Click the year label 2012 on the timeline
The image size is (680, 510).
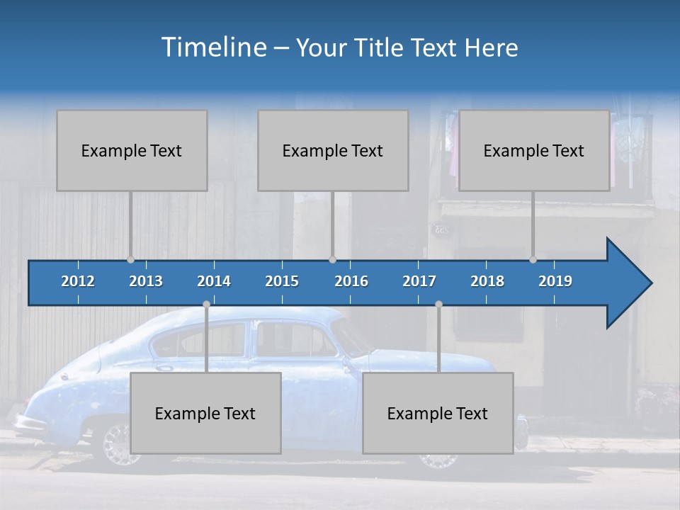click(78, 281)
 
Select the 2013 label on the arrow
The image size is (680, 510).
click(146, 281)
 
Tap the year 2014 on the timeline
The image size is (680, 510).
click(214, 281)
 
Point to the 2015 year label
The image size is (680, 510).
click(282, 281)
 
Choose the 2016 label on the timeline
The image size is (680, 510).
click(351, 281)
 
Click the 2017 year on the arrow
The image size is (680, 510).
click(419, 281)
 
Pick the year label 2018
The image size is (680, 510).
click(487, 281)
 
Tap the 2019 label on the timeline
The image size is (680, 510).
click(555, 281)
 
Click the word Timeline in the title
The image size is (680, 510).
click(212, 47)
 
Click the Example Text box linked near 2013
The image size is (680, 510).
click(132, 150)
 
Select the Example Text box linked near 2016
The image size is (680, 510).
click(333, 150)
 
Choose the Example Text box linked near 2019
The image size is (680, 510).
click(534, 150)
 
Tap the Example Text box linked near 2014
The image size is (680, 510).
click(205, 413)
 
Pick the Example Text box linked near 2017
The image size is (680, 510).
click(438, 413)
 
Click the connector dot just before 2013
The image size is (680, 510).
click(130, 260)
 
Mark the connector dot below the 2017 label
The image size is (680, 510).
click(438, 305)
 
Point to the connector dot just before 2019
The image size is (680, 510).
click(533, 260)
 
